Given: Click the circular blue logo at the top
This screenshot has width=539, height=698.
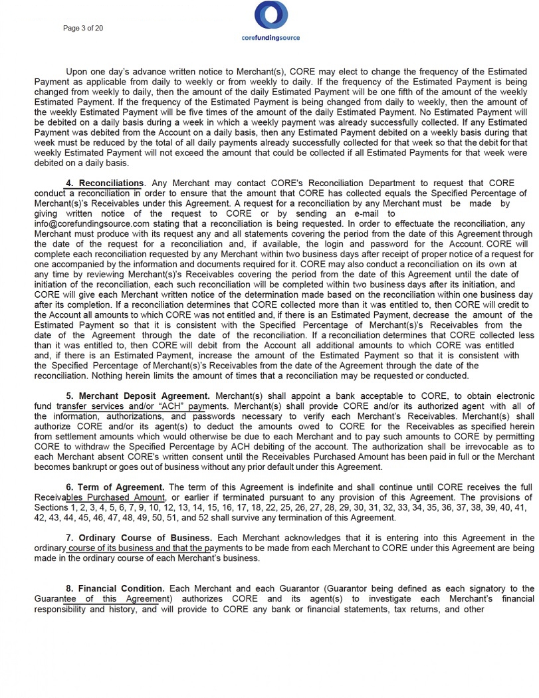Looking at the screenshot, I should [x=270, y=15].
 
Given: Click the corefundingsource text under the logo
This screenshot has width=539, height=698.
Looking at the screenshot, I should [x=270, y=38].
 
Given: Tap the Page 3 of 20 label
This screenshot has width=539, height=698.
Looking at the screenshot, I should [x=83, y=28].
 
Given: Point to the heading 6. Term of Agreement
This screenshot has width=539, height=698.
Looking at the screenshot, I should [x=120, y=488].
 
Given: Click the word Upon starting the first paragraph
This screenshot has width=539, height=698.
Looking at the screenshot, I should [x=78, y=71].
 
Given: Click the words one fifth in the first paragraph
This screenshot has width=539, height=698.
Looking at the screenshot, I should [x=393, y=92].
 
